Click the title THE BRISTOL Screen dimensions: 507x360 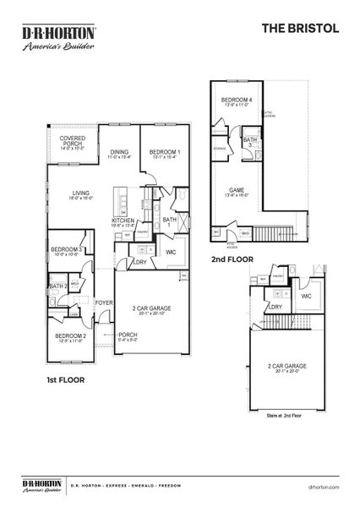click(300, 27)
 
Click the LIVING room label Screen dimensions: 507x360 click(80, 194)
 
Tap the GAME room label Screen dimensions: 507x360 click(238, 191)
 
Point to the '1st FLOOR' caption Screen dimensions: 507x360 click(65, 380)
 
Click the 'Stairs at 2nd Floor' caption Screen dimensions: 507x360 click(285, 416)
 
